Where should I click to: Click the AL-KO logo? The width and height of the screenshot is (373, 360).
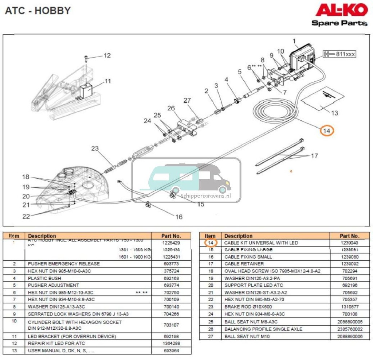(341, 10)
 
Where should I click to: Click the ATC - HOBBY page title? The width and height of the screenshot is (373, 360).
(38, 11)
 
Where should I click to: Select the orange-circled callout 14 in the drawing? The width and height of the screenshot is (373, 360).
(327, 130)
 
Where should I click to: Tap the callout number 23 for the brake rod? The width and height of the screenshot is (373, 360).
(95, 148)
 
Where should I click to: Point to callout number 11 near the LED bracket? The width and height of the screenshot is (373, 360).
(108, 81)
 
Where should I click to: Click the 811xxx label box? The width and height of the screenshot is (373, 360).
(339, 54)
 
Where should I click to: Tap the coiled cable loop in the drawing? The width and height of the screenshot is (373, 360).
(273, 110)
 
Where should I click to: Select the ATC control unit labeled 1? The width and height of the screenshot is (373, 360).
(302, 58)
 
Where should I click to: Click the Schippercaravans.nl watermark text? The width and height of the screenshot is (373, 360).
(206, 196)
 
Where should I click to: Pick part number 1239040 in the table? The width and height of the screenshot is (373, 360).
(350, 243)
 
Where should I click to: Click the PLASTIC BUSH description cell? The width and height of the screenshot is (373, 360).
(44, 278)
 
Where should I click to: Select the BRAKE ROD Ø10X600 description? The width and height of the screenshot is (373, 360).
(248, 307)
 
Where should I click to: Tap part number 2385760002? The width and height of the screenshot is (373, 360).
(350, 329)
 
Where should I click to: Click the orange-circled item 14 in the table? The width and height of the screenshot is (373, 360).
(210, 243)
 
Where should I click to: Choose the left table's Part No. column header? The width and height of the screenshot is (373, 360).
(171, 236)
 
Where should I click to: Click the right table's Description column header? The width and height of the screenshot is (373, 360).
(238, 236)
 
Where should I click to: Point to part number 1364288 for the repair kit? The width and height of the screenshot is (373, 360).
(171, 344)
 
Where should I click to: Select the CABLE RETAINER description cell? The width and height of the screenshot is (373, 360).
(244, 264)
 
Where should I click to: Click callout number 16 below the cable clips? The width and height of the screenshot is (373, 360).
(178, 217)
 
